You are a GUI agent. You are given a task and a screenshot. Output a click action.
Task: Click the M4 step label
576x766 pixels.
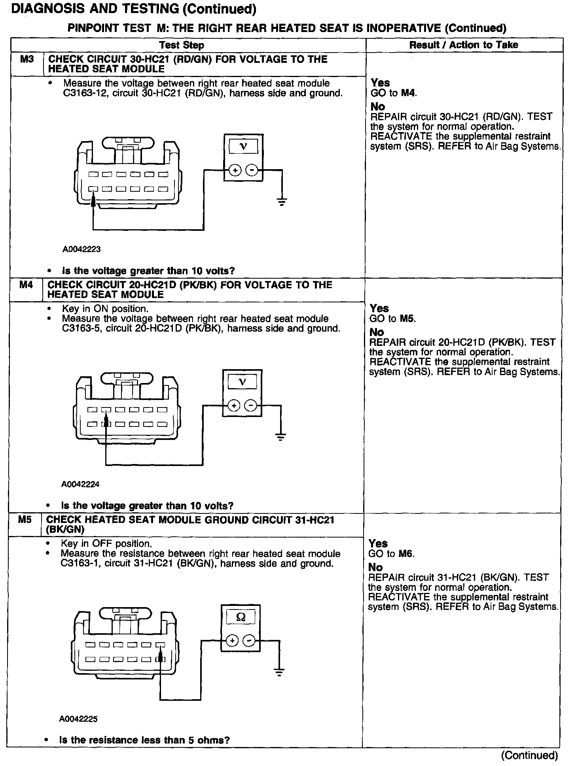(x=26, y=285)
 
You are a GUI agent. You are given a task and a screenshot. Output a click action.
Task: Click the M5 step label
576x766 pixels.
(x=25, y=519)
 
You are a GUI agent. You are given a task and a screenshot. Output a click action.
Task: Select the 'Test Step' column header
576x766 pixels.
(x=182, y=45)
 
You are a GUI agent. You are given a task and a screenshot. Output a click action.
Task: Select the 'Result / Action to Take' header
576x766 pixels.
(x=464, y=45)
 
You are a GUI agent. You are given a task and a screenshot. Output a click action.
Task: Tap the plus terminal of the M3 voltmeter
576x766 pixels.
(x=235, y=170)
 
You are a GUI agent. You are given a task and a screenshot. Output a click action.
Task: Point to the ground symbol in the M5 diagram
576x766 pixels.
(x=279, y=672)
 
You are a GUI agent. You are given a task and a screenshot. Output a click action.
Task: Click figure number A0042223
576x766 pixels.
(x=81, y=249)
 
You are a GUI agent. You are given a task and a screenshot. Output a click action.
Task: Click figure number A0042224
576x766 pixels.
(x=80, y=484)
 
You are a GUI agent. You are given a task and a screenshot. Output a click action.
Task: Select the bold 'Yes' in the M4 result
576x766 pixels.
(x=379, y=308)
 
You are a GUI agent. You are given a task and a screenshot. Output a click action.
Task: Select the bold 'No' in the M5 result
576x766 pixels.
(x=375, y=568)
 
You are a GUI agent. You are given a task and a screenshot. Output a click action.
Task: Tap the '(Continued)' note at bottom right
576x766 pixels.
(x=529, y=755)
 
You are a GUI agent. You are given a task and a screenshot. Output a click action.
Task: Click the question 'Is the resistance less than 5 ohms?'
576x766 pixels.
(x=144, y=740)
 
